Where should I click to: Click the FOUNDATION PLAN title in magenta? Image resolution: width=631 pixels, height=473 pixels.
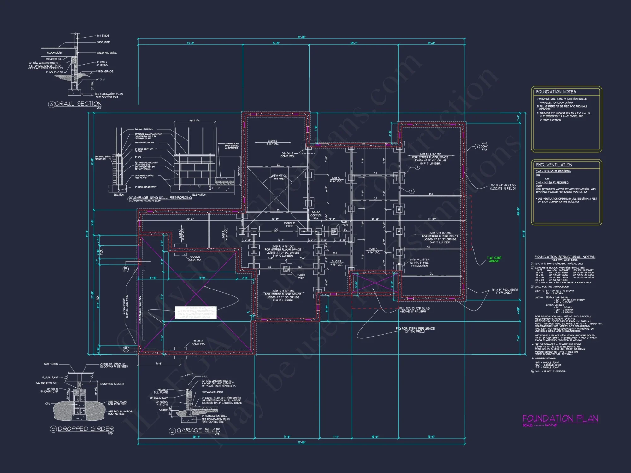pyautogui.click(x=560, y=418)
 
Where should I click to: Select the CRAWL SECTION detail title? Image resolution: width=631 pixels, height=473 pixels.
pyautogui.click(x=78, y=104)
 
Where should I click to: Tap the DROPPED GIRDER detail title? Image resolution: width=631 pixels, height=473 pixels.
pyautogui.click(x=86, y=429)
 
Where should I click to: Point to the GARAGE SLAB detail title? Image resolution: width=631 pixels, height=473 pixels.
pyautogui.click(x=198, y=430)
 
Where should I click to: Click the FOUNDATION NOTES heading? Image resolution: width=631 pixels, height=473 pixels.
pyautogui.click(x=556, y=92)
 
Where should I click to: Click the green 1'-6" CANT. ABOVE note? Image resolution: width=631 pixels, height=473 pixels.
pyautogui.click(x=494, y=259)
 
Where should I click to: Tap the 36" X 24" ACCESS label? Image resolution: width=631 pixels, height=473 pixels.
pyautogui.click(x=503, y=187)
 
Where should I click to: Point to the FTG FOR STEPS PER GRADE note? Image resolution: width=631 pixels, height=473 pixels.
pyautogui.click(x=415, y=330)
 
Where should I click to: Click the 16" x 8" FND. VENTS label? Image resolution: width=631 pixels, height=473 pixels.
pyautogui.click(x=504, y=291)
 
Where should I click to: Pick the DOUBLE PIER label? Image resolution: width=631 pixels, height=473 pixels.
pyautogui.click(x=289, y=225)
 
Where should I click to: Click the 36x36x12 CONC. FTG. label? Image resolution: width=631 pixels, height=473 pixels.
pyautogui.click(x=288, y=155)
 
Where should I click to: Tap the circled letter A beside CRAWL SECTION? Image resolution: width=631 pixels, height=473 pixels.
pyautogui.click(x=51, y=104)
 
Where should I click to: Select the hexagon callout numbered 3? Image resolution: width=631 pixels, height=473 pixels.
pyautogui.click(x=477, y=147)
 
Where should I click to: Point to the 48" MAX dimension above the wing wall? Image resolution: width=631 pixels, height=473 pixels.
pyautogui.click(x=195, y=120)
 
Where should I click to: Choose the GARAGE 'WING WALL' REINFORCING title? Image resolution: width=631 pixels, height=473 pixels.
pyautogui.click(x=163, y=198)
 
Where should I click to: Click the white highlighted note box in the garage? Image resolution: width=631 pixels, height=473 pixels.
pyautogui.click(x=196, y=312)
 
